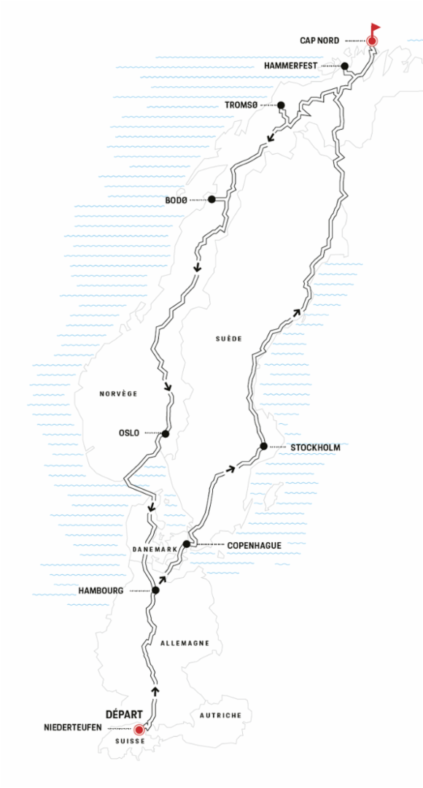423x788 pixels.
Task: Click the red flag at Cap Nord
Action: [x=374, y=28]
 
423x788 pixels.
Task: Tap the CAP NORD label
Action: [x=319, y=41]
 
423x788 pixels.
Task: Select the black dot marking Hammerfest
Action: [x=345, y=66]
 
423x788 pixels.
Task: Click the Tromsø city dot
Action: [x=281, y=105]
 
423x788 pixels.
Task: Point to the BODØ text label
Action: [x=176, y=200]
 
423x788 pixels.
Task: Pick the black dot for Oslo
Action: [x=166, y=433]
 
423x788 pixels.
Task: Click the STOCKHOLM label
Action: [x=316, y=447]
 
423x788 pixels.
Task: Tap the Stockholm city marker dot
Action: [x=263, y=447]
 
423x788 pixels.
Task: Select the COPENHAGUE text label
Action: [x=255, y=545]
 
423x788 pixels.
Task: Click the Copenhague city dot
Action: [x=187, y=544]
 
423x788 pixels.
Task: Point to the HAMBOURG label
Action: [x=101, y=591]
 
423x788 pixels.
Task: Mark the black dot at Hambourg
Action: [x=155, y=590]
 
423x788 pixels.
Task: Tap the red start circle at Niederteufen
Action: [x=139, y=729]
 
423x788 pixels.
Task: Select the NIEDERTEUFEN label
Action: [x=72, y=727]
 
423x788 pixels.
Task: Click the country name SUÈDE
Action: [x=228, y=339]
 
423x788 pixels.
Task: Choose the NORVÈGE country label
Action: [x=119, y=394]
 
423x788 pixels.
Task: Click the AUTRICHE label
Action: [x=220, y=715]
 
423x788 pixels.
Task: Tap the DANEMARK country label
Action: [x=155, y=550]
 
